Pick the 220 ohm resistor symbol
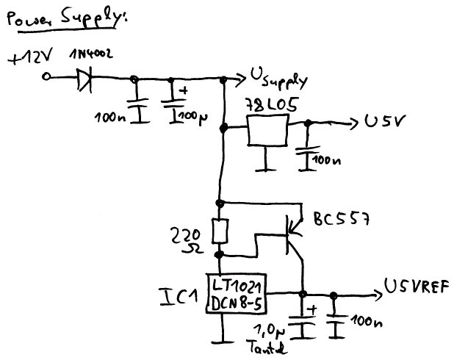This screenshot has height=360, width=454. tap(219, 231)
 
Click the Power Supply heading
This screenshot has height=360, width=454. tap(67, 20)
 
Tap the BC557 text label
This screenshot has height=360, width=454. tap(341, 220)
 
